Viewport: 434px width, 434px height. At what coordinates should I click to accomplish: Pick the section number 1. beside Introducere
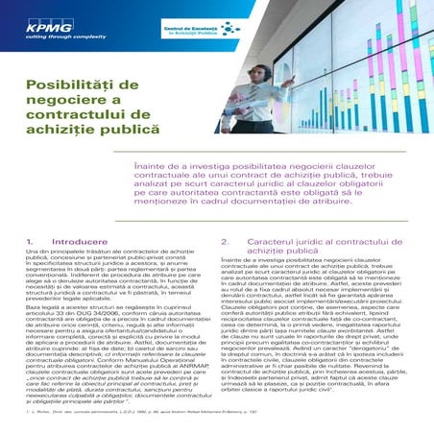29,242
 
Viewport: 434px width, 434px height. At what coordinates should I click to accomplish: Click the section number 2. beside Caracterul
225,242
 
